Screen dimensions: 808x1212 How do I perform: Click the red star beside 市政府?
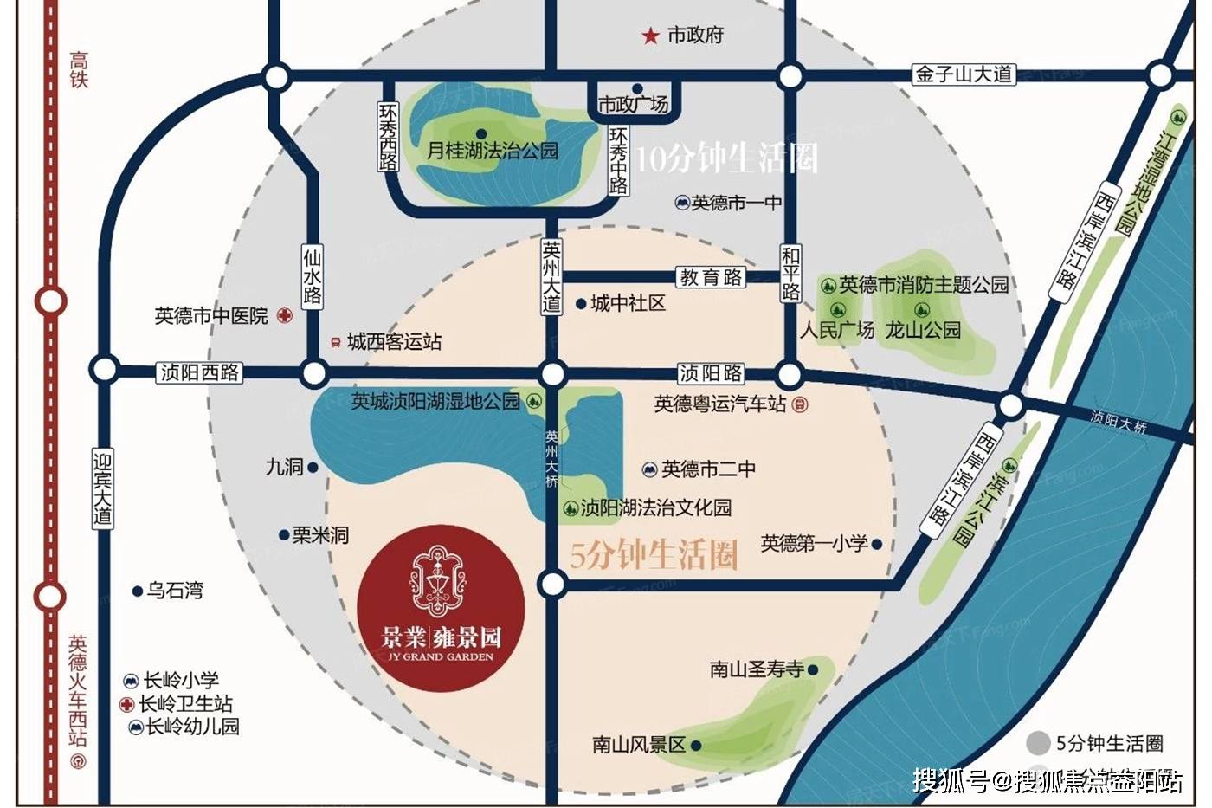[x=649, y=36]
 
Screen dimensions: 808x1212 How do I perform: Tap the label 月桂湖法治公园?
[x=493, y=151]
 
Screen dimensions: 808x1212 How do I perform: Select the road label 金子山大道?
[x=964, y=74]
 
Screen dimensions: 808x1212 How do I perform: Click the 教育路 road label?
[x=711, y=277]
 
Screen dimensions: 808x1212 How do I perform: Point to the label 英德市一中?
[x=736, y=203]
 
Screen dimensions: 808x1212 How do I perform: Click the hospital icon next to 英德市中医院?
[x=285, y=316]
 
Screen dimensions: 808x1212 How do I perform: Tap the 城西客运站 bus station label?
[x=394, y=342]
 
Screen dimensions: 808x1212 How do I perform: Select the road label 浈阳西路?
[x=200, y=372]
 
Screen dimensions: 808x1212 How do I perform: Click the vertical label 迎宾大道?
[x=103, y=488]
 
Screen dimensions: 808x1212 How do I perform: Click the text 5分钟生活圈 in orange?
[x=654, y=555]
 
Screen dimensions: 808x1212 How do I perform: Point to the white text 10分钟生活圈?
[x=726, y=158]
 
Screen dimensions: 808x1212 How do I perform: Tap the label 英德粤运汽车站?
[x=720, y=404]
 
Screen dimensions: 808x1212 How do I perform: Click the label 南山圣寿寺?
[x=757, y=669]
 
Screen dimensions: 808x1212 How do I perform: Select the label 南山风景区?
[x=639, y=744]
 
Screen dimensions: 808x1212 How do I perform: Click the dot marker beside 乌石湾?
[x=137, y=591]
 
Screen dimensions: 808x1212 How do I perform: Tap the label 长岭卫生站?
[x=185, y=703]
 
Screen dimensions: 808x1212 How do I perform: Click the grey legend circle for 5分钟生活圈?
[x=1038, y=743]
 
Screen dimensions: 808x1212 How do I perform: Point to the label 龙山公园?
[x=923, y=330]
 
